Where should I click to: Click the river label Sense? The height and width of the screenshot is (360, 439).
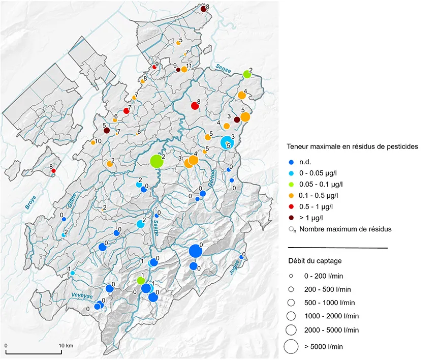(x=223, y=68)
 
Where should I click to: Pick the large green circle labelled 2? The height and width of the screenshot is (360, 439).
(x=156, y=161)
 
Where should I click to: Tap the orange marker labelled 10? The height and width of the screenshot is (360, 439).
(x=93, y=143)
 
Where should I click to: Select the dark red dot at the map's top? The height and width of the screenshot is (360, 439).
(x=203, y=9)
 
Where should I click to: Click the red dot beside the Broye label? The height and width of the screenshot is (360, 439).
(x=53, y=171)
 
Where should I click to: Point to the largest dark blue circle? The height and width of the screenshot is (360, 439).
(x=195, y=251)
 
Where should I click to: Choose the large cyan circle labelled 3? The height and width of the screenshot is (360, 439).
(x=226, y=141)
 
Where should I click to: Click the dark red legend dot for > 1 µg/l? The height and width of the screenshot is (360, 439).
(x=291, y=218)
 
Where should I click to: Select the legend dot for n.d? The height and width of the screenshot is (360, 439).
(x=291, y=162)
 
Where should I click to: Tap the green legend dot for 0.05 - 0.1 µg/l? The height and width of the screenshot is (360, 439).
(x=291, y=185)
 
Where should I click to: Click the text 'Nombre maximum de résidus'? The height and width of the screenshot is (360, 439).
(x=345, y=229)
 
